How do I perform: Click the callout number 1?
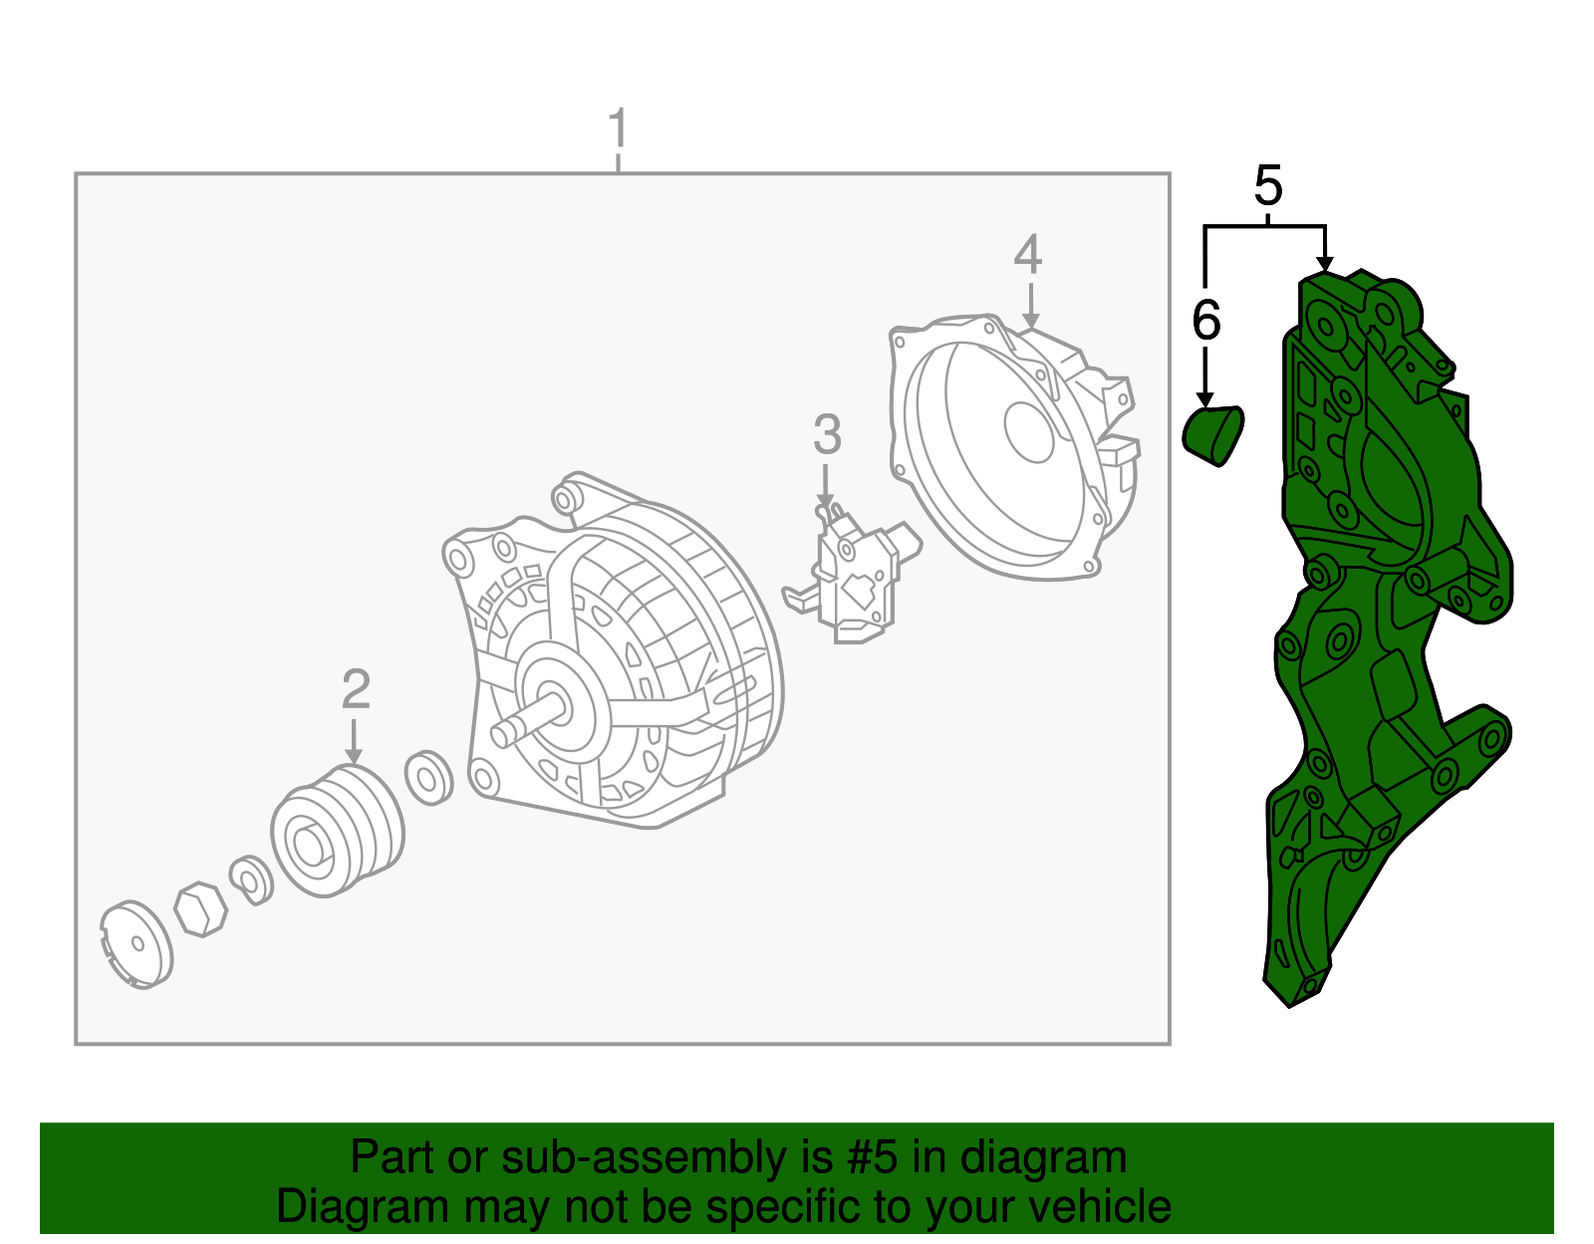pos(618,130)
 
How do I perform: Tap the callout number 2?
pos(356,690)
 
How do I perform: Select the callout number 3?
pos(827,435)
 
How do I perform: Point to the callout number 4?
pos(1028,255)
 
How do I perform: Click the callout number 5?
pos(1267,186)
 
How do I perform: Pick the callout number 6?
pos(1206,321)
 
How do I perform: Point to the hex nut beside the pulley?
pos(200,908)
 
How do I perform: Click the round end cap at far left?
pos(136,943)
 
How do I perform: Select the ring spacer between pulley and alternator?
pos(429,778)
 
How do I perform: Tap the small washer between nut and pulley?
pos(251,879)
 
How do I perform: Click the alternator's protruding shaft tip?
pos(503,733)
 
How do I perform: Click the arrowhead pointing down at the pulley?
pos(354,756)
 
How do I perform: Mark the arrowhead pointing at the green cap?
pos(1205,399)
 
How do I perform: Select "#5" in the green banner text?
pos(872,1157)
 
